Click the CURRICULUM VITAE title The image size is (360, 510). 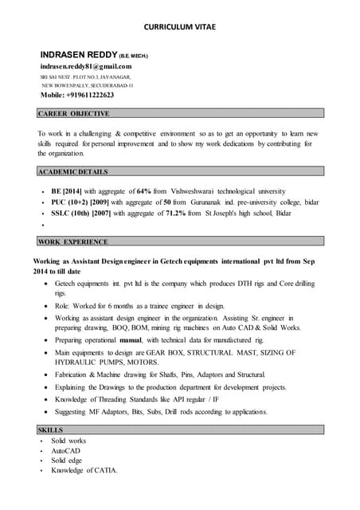point(179,26)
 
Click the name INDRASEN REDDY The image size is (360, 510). point(80,53)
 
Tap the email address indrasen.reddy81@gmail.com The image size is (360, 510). point(86,65)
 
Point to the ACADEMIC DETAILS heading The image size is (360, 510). point(72,171)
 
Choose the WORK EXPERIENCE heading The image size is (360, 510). point(72,241)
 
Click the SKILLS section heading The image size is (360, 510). point(51,430)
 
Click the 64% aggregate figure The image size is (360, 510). point(144,192)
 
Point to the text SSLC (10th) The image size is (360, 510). point(69,214)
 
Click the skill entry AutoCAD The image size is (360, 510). point(66,451)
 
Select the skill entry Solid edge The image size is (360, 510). point(67,461)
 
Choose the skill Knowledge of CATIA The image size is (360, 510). point(84,471)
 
